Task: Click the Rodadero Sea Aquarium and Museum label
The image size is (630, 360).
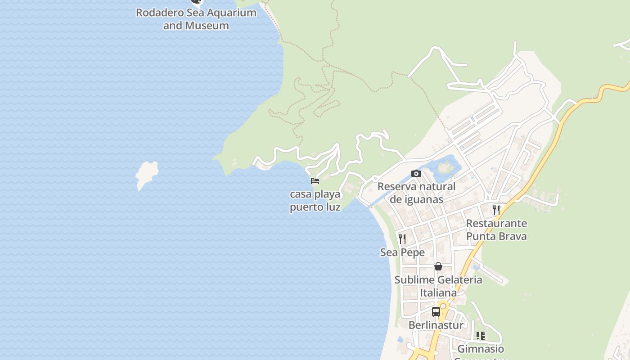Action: tap(196, 19)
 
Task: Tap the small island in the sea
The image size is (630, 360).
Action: tap(147, 175)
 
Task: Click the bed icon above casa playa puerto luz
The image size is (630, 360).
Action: tap(315, 181)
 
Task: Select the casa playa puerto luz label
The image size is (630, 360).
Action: tap(315, 201)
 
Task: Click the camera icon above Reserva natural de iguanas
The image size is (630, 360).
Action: tap(416, 174)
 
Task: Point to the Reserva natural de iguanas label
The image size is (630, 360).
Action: tap(416, 193)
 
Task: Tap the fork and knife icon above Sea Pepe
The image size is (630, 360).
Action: tap(402, 238)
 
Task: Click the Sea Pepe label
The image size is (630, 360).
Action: tap(402, 252)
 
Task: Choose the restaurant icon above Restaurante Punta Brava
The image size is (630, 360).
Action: tap(496, 210)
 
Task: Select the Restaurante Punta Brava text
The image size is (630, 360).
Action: tap(496, 229)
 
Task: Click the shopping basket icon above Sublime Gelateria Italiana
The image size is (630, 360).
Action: tap(438, 266)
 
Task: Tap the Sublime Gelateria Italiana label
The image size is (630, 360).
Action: tap(438, 286)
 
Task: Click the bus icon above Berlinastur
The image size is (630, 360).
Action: tap(436, 311)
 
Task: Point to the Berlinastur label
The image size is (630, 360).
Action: tap(436, 325)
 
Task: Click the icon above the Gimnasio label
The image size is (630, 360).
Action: tap(481, 336)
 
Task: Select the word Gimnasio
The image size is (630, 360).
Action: tap(481, 349)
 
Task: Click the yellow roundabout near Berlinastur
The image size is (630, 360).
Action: tap(443, 306)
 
